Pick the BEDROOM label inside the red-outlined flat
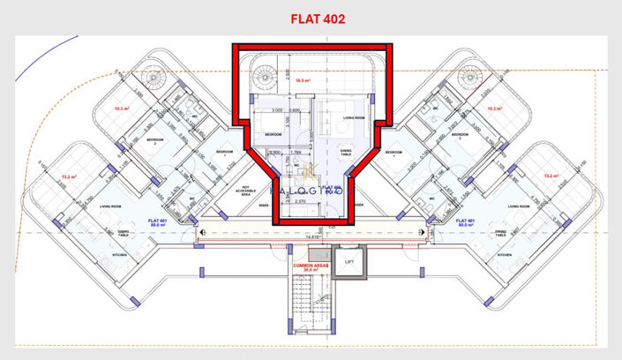(x=272, y=134)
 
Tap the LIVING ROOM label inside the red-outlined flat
(x=354, y=116)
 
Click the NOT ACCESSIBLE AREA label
(x=247, y=191)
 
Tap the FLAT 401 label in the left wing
(x=158, y=221)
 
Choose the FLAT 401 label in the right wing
(x=466, y=221)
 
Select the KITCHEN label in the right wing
(x=505, y=254)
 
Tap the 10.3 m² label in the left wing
(x=123, y=109)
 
